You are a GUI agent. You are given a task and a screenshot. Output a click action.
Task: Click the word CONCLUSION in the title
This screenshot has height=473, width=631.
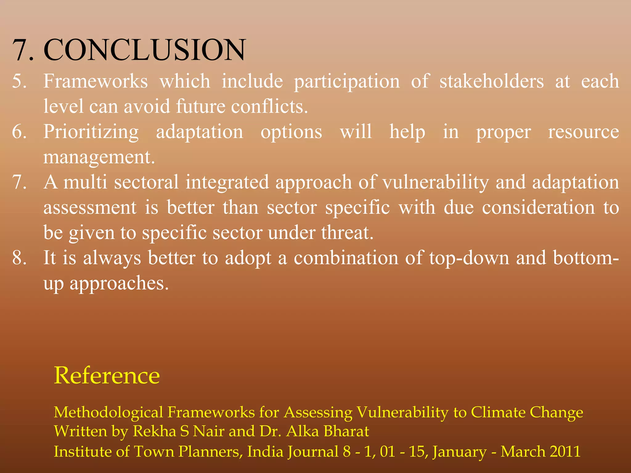(145, 50)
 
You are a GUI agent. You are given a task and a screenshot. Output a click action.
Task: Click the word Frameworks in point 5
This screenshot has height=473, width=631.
(96, 81)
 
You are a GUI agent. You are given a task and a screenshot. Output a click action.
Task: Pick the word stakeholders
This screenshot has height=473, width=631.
(491, 81)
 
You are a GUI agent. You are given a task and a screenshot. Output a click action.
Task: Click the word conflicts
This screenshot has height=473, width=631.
(269, 107)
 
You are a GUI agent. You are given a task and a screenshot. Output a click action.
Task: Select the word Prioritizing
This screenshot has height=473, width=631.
(91, 132)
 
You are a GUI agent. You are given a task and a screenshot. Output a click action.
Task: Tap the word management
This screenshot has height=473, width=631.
(99, 158)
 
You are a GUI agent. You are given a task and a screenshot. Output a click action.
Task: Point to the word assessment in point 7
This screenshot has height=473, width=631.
(90, 208)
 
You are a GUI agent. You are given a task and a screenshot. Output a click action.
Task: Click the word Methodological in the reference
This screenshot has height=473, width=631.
(108, 412)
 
